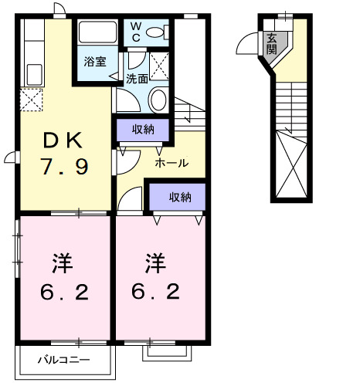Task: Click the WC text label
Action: (x=134, y=32)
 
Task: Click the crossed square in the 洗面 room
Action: (x=160, y=65)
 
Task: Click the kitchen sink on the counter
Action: (x=34, y=74)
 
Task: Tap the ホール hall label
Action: (x=171, y=163)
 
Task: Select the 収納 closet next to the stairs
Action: (x=143, y=129)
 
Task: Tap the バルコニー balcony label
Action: (x=66, y=360)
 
